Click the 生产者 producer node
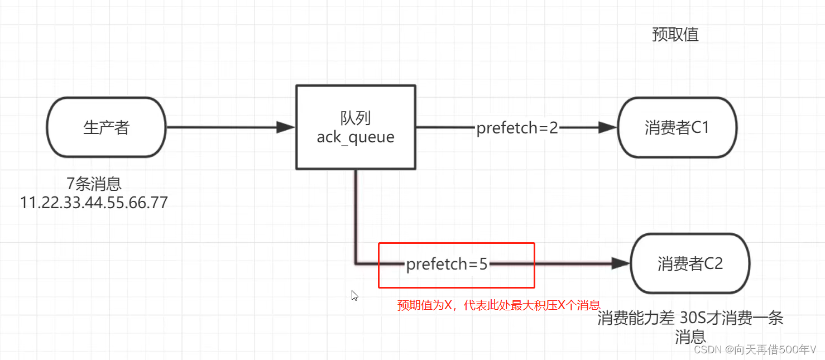(107, 127)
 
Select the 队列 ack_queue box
(356, 127)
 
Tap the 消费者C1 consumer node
(677, 128)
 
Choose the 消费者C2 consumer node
(690, 263)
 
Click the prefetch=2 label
(517, 128)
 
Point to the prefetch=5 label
(447, 264)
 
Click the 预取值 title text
(675, 35)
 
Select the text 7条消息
(94, 183)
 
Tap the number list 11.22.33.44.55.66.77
(94, 202)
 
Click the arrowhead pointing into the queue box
(286, 127)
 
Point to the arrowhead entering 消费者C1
(607, 128)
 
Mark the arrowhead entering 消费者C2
(620, 263)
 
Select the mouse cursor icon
(354, 296)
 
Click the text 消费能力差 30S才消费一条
(690, 319)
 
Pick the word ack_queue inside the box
(356, 137)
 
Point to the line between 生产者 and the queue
(223, 127)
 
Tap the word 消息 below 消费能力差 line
(690, 337)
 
